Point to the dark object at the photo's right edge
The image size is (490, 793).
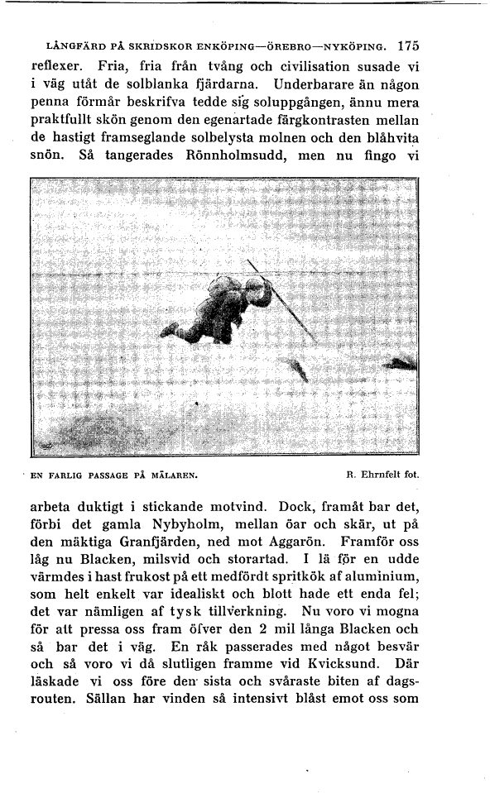coord(403,361)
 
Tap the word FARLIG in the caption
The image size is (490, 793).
coord(68,475)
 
